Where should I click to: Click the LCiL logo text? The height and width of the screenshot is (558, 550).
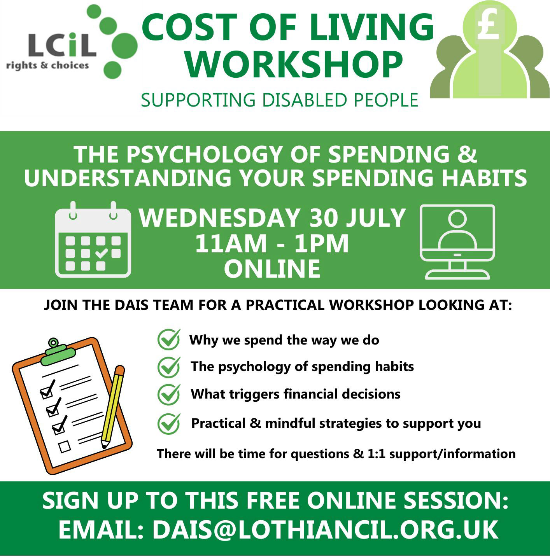click(x=62, y=45)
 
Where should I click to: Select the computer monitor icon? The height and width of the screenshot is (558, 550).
click(x=457, y=241)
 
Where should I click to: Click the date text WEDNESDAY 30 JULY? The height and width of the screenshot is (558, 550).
click(x=272, y=217)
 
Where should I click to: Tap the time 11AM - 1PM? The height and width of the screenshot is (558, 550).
click(x=272, y=243)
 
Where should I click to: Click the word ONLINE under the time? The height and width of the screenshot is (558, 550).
click(x=272, y=269)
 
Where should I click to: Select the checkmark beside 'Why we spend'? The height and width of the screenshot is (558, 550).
click(x=169, y=339)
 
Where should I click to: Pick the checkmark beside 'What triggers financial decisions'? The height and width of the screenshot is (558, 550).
click(x=169, y=394)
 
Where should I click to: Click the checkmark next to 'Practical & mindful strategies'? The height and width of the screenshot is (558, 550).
click(x=169, y=423)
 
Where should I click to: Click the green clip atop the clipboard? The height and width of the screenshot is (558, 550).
click(x=58, y=353)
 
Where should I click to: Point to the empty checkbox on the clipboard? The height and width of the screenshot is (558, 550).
click(x=65, y=446)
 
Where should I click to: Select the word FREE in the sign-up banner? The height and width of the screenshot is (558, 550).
click(x=272, y=500)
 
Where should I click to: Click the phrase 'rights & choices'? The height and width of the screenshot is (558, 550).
click(x=47, y=66)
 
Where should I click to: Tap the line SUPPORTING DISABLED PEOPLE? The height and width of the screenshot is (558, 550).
click(x=280, y=100)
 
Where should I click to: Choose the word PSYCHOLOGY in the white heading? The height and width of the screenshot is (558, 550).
click(x=205, y=154)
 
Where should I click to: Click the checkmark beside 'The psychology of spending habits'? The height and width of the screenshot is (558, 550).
click(x=169, y=367)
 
